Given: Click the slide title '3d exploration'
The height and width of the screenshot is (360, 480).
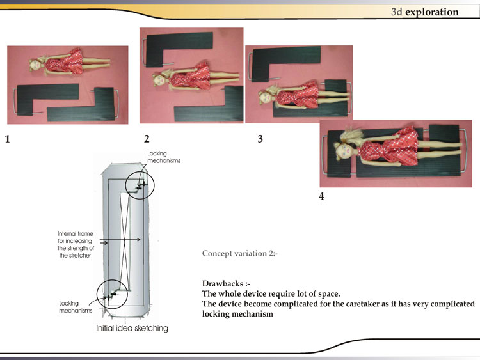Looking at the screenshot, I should (425, 12).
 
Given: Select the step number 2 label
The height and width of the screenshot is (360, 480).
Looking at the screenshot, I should (147, 139).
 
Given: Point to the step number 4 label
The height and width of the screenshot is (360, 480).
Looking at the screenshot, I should (322, 196).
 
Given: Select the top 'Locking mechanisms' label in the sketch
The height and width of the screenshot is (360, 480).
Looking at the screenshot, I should (164, 157).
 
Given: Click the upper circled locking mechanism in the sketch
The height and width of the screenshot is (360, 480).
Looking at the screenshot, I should (140, 185).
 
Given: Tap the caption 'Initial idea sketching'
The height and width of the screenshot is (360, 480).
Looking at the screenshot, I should (132, 328).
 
